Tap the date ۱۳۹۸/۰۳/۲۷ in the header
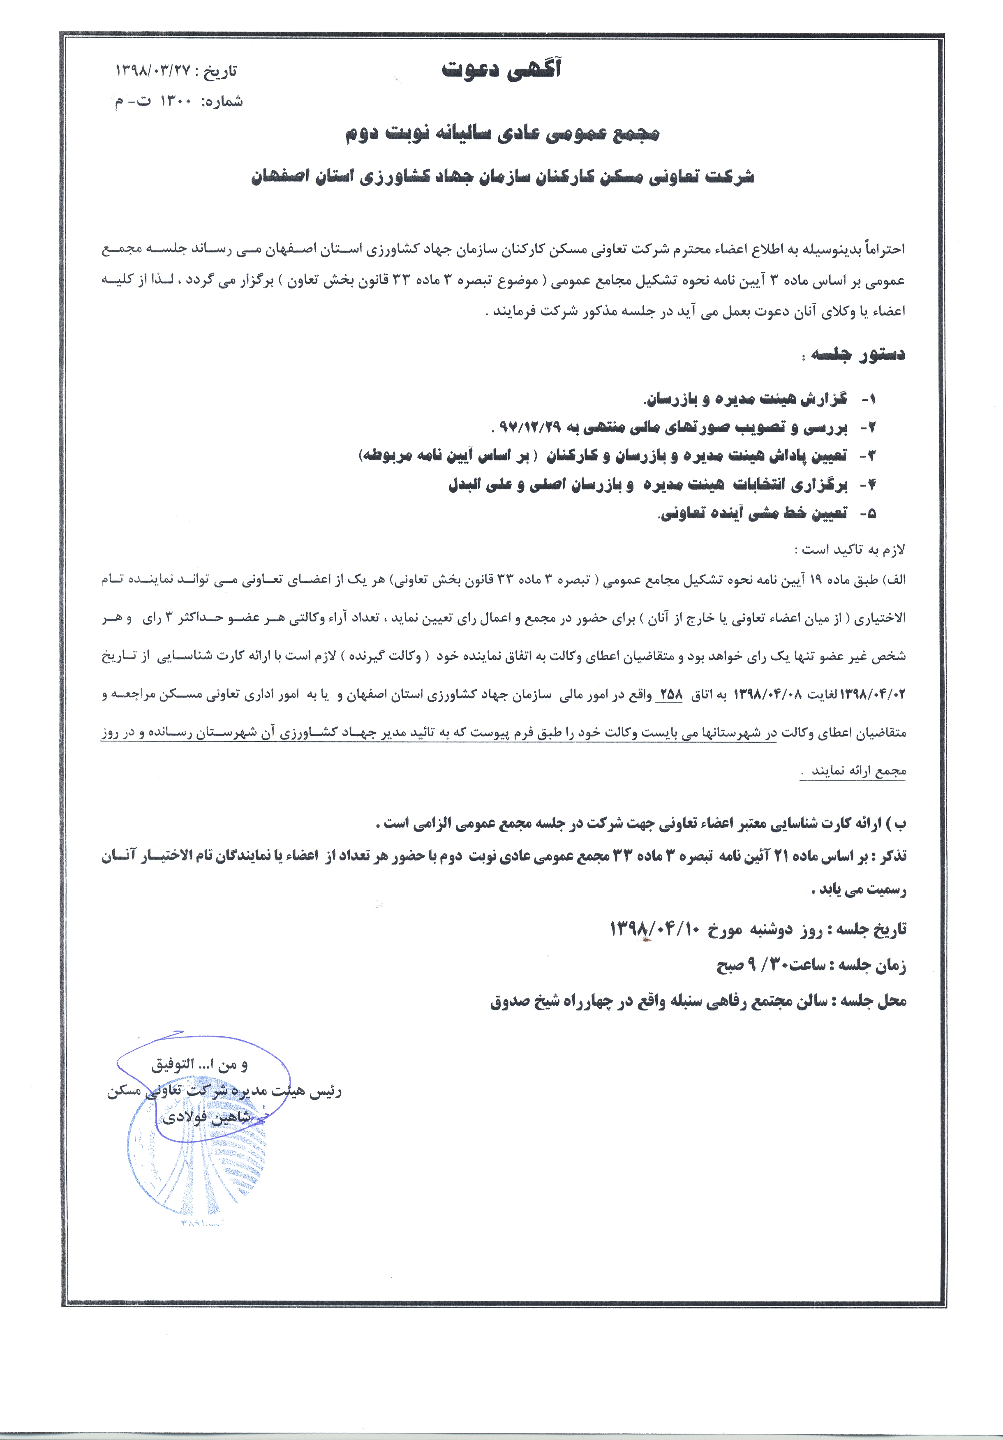point(154,71)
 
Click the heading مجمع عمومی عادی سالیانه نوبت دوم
point(502,134)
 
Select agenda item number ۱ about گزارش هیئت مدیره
point(746,399)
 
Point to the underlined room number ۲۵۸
point(669,695)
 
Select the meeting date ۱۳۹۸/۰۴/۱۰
point(656,929)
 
